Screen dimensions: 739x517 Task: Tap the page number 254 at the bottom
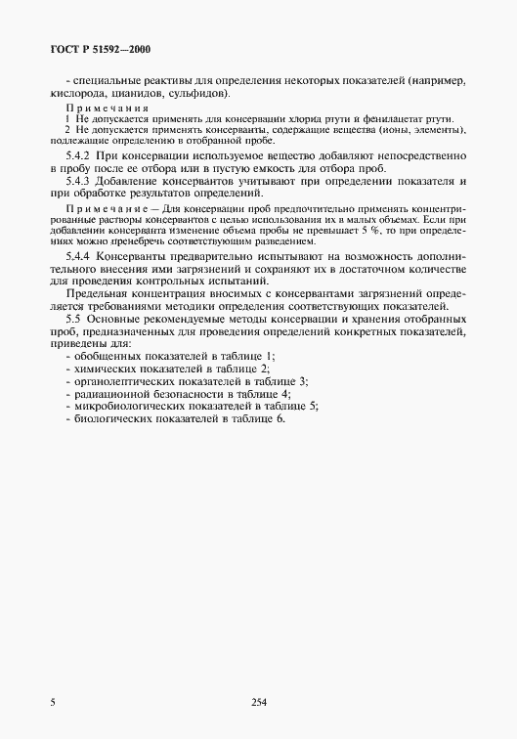click(259, 702)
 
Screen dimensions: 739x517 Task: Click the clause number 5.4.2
click(78, 154)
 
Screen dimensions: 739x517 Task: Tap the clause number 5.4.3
click(78, 182)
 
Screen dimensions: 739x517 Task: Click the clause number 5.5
click(72, 320)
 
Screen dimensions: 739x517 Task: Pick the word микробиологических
click(124, 405)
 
